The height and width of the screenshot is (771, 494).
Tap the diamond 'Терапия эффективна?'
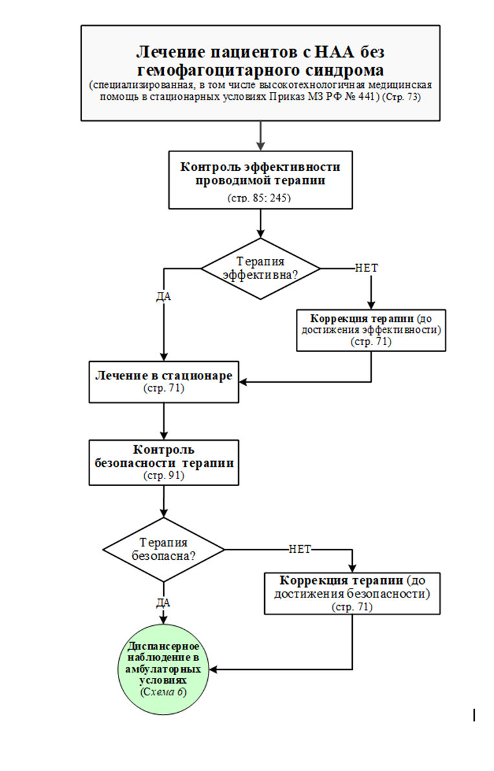coord(260,267)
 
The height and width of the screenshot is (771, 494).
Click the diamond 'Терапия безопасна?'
coord(164,550)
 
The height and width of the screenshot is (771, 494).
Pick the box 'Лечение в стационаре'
coord(163,382)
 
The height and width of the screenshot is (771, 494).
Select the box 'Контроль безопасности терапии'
coord(163,462)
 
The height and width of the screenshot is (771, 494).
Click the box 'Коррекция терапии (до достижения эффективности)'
coord(370,330)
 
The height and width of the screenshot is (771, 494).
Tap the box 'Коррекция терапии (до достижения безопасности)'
coord(352,592)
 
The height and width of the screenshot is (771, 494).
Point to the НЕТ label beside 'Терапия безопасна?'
coord(300,549)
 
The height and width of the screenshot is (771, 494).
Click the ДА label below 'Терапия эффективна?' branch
coord(163,297)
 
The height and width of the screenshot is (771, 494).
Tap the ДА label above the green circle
coord(163,602)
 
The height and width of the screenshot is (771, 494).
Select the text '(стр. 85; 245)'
coord(260,197)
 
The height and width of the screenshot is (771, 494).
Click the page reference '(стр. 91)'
coord(163,475)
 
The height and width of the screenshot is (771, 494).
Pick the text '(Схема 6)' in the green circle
coord(163,692)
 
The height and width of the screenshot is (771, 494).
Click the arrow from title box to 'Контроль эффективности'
coord(260,135)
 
